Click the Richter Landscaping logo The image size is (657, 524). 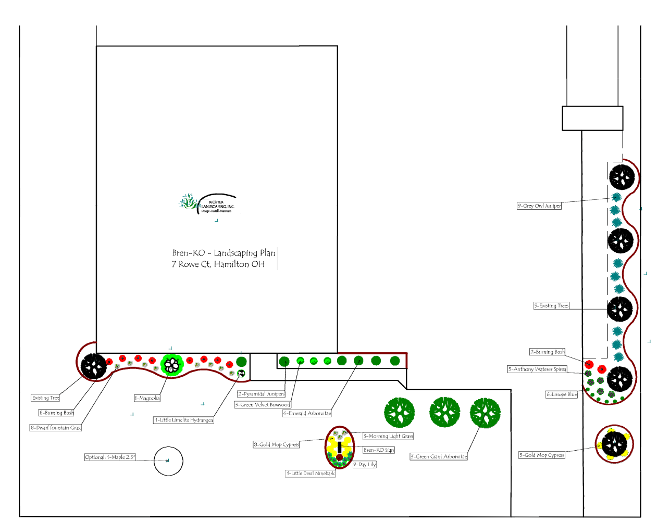[207, 203]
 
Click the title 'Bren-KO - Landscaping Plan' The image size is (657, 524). [224, 253]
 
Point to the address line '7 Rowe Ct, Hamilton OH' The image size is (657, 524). [218, 264]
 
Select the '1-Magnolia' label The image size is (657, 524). [147, 398]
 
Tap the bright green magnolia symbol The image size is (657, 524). [171, 365]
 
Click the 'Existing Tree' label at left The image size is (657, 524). [46, 398]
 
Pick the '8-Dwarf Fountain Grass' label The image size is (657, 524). [56, 428]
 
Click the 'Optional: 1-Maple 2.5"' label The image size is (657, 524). [110, 457]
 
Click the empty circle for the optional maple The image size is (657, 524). [168, 461]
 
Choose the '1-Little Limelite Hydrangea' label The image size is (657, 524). [183, 420]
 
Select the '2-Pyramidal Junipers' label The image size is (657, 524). [262, 394]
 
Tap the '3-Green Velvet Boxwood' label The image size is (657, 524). [263, 404]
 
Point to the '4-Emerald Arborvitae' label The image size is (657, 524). [307, 413]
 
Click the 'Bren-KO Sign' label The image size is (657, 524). [379, 450]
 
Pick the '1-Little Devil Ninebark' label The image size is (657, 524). [311, 474]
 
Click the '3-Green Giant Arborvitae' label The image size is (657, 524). [439, 457]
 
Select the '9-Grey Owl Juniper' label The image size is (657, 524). [539, 206]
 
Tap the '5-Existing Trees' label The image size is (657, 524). [551, 306]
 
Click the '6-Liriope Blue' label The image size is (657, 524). [562, 394]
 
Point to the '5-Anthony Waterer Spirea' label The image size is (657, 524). [537, 369]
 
